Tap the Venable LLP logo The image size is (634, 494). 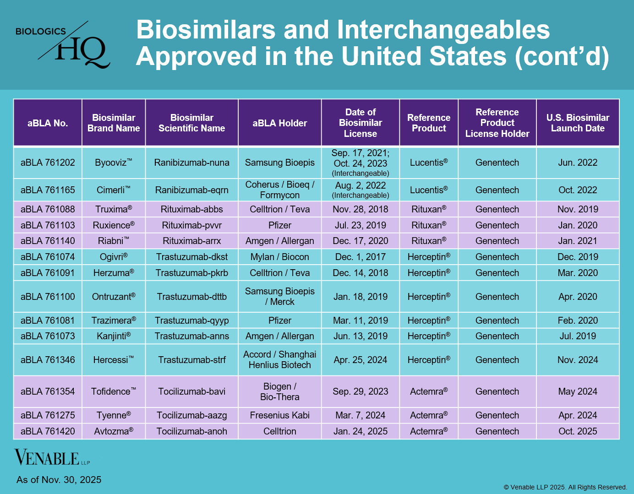[x=52, y=457]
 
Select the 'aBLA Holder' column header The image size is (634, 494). [x=279, y=123]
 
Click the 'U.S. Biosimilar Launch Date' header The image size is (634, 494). [x=577, y=123]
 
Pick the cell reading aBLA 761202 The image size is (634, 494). [x=48, y=163]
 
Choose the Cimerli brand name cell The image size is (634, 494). [x=113, y=190]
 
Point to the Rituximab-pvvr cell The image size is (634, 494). [x=191, y=225]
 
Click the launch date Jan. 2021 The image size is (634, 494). [x=577, y=241]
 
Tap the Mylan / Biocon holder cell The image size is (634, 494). [x=279, y=257]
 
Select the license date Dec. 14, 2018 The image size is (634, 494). [x=360, y=273]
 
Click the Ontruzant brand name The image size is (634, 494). [x=113, y=297]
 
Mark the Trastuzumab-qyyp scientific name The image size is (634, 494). [x=191, y=320]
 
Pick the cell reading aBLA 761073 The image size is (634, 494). [x=48, y=336]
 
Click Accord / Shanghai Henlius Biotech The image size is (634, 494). [x=279, y=360]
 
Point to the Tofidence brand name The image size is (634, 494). [x=113, y=391]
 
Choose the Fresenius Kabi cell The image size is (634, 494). [x=279, y=415]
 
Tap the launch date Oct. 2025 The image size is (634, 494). [x=577, y=431]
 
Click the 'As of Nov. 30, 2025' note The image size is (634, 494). [x=59, y=480]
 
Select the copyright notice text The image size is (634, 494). [x=565, y=487]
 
